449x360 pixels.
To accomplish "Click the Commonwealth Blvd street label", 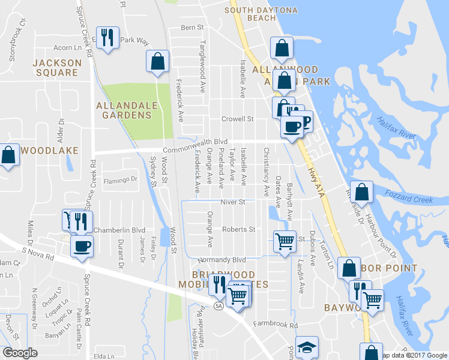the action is coord(191,141).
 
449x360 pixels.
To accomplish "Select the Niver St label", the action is coord(232,202).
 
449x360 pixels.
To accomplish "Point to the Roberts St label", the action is coord(239,229).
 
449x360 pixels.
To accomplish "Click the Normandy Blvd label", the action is coord(223,260).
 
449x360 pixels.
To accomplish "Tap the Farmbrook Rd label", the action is coord(275,325).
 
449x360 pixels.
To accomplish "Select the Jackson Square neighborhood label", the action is coord(57,67).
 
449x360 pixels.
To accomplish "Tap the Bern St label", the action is coord(192,28).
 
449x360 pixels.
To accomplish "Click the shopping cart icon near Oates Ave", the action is coord(285,241).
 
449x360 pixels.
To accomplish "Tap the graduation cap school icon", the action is coord(307,347).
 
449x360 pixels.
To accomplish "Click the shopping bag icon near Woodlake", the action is coord(9,155).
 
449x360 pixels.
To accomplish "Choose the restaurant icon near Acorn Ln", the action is coord(107,38).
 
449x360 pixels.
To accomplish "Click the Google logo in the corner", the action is coord(19,352).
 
